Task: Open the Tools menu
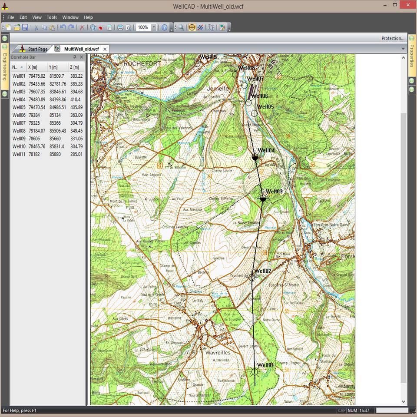[x=52, y=17]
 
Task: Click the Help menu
[x=88, y=17]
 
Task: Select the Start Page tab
[x=34, y=49]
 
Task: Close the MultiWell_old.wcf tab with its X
[x=105, y=49]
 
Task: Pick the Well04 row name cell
[x=19, y=99]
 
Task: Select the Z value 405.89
[x=76, y=107]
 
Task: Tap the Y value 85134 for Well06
[x=55, y=115]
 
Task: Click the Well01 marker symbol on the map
[x=255, y=372]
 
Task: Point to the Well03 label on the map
[x=274, y=192]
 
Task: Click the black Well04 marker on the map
[x=255, y=158]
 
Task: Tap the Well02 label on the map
[x=263, y=271]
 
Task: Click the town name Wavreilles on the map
[x=218, y=353]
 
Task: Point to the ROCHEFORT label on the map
[x=142, y=63]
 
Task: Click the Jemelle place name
[x=218, y=88]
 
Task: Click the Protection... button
[x=393, y=38]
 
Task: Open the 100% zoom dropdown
[x=154, y=27]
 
